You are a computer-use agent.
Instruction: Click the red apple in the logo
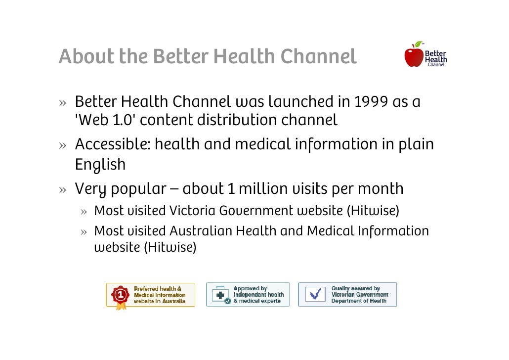tap(414, 56)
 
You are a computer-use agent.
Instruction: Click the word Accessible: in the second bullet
tap(112, 145)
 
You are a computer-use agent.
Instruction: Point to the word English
tap(100, 164)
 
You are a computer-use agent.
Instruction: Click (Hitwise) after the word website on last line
tap(170, 247)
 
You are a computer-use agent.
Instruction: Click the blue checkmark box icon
tap(314, 295)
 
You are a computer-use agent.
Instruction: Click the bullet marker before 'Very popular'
tap(63, 189)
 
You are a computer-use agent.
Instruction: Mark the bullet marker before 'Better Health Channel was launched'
tap(63, 102)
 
